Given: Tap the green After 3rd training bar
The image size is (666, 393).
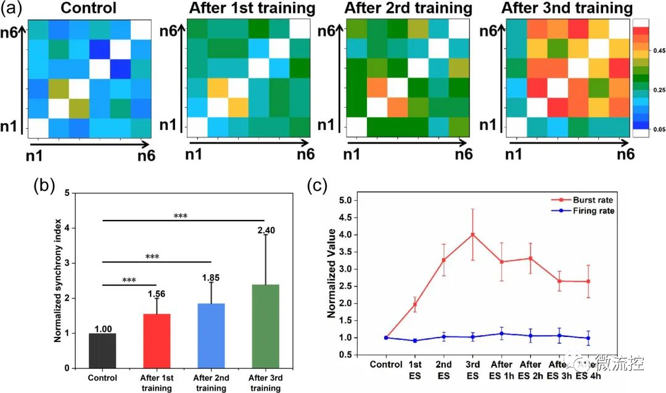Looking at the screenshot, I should (264, 326).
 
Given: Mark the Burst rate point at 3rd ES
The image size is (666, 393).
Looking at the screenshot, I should (473, 234).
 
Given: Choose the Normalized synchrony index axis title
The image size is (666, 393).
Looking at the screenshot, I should (57, 280).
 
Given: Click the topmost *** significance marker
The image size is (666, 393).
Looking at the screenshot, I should (181, 216).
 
